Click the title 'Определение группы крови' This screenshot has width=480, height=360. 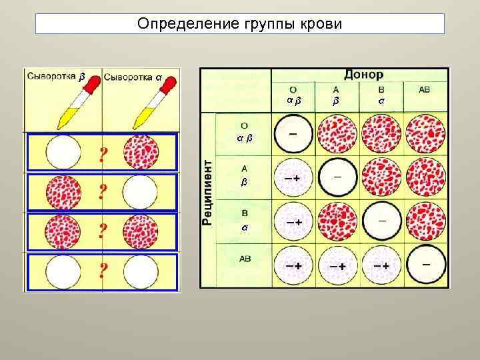239,25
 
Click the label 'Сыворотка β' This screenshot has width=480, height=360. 57,75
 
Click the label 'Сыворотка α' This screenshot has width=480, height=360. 133,75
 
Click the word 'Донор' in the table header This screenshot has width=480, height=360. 363,75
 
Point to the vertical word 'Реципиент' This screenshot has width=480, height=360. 208,192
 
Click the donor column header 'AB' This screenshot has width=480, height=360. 425,89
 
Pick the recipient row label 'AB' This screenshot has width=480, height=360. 245,259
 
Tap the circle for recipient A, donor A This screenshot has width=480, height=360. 337,177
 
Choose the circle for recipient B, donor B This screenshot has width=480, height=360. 381,219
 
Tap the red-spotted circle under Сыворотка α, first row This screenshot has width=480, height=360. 141,151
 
